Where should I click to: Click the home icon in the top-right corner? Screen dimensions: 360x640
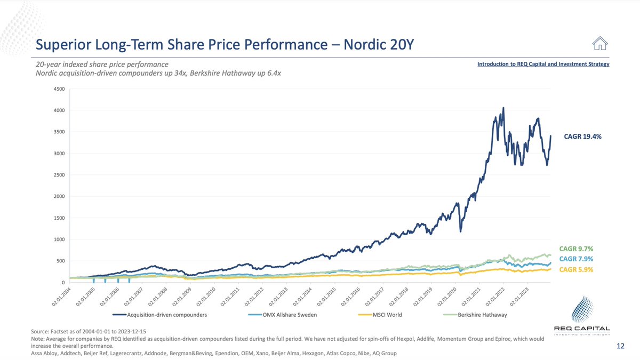coord(600,44)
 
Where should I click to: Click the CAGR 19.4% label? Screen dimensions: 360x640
coord(582,137)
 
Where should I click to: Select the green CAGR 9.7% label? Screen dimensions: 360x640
coord(576,249)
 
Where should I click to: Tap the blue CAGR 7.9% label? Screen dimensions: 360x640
coord(576,259)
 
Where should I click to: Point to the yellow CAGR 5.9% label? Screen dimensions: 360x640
coord(576,269)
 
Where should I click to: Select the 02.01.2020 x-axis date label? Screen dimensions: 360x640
coord(449,296)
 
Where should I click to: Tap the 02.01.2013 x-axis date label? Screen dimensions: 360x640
coord(279,296)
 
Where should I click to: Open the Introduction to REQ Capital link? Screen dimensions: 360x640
coord(543,64)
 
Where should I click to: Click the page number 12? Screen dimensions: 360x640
coord(620,346)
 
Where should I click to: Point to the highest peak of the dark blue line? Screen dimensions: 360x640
coord(503,108)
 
